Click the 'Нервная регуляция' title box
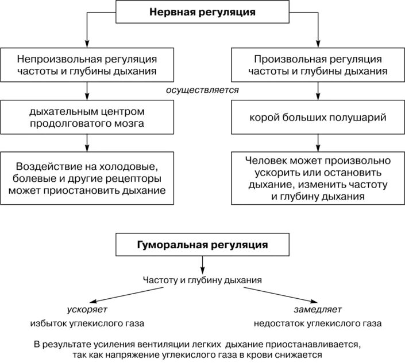202,11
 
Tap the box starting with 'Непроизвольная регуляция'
87,65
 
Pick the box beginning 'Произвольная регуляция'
318,65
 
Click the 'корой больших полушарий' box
318,118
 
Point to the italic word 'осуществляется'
202,91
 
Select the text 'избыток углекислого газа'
87,323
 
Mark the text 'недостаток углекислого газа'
318,323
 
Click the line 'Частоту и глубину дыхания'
202,280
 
